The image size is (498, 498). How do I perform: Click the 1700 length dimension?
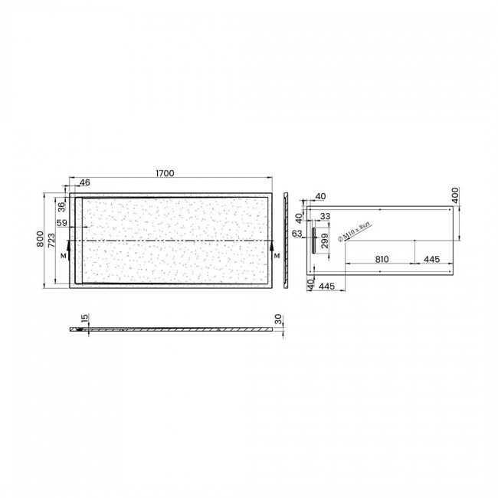164,173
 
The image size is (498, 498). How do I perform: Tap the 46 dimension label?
84,183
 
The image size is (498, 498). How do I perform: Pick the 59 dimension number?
63,224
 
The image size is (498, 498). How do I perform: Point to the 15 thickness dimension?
84,317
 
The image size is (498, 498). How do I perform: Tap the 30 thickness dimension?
279,318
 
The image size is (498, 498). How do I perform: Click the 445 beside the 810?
431,259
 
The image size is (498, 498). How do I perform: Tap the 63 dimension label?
297,234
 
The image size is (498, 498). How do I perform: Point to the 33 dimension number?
325,217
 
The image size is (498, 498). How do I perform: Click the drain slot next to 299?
313,238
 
